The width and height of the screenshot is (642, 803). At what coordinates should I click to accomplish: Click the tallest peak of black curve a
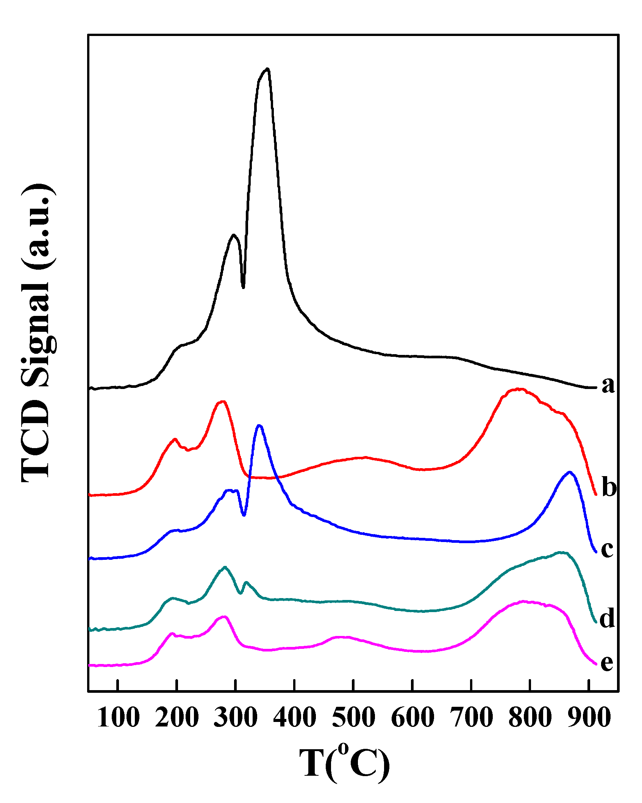[x=267, y=69]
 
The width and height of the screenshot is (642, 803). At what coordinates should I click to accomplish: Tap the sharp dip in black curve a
[x=243, y=287]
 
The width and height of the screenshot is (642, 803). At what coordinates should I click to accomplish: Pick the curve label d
[x=607, y=619]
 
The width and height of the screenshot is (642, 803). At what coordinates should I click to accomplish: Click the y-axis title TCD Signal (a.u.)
[x=37, y=333]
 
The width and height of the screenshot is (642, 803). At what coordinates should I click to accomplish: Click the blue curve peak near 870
[x=569, y=472]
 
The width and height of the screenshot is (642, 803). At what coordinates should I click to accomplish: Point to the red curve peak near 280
[x=223, y=401]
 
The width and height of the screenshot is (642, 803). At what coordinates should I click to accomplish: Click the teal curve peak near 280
[x=225, y=567]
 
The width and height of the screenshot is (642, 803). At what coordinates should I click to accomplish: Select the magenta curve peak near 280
[x=225, y=617]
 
